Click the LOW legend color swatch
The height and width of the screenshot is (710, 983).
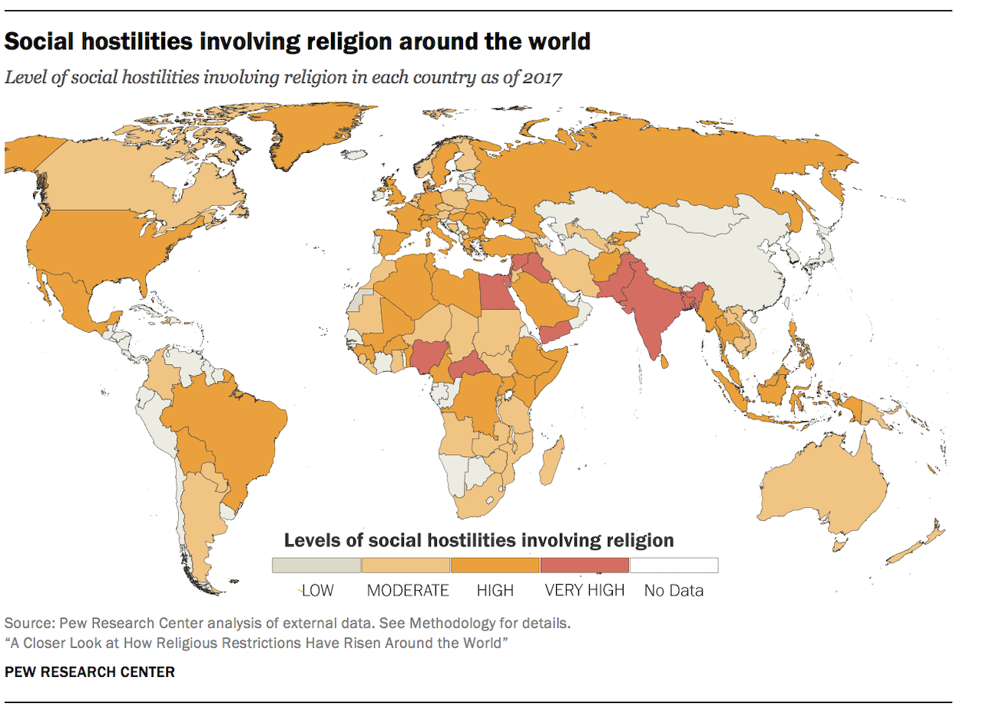316,566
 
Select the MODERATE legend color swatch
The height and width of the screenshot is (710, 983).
405,566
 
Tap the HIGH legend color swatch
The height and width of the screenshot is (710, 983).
495,566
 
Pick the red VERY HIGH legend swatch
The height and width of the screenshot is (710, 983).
584,566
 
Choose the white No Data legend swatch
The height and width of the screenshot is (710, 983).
674,566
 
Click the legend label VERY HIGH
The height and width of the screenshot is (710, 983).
584,591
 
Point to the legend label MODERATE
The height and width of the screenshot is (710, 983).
408,591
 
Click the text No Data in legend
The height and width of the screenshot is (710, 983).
674,591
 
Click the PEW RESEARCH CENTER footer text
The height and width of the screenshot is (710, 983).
90,672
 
